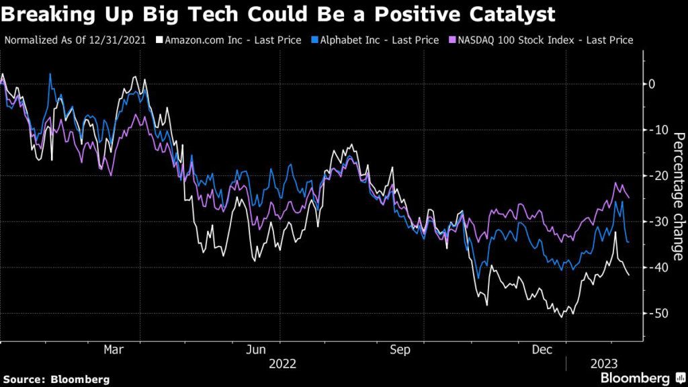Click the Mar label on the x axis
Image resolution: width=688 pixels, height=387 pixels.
[113, 351]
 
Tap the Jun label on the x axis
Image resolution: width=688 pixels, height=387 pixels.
[255, 351]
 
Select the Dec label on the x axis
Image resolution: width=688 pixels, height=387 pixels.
[542, 351]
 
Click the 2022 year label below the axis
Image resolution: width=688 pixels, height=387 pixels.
[283, 364]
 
